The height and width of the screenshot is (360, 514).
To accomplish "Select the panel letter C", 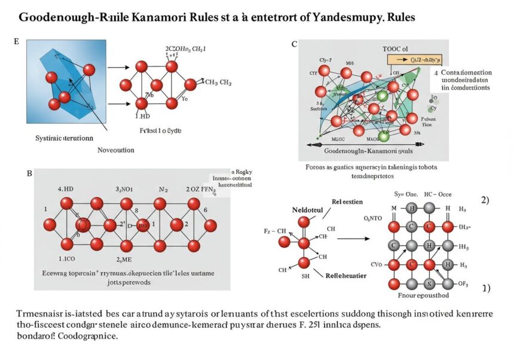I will tap(294, 44).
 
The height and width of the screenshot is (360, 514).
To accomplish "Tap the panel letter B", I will tap(29, 173).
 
